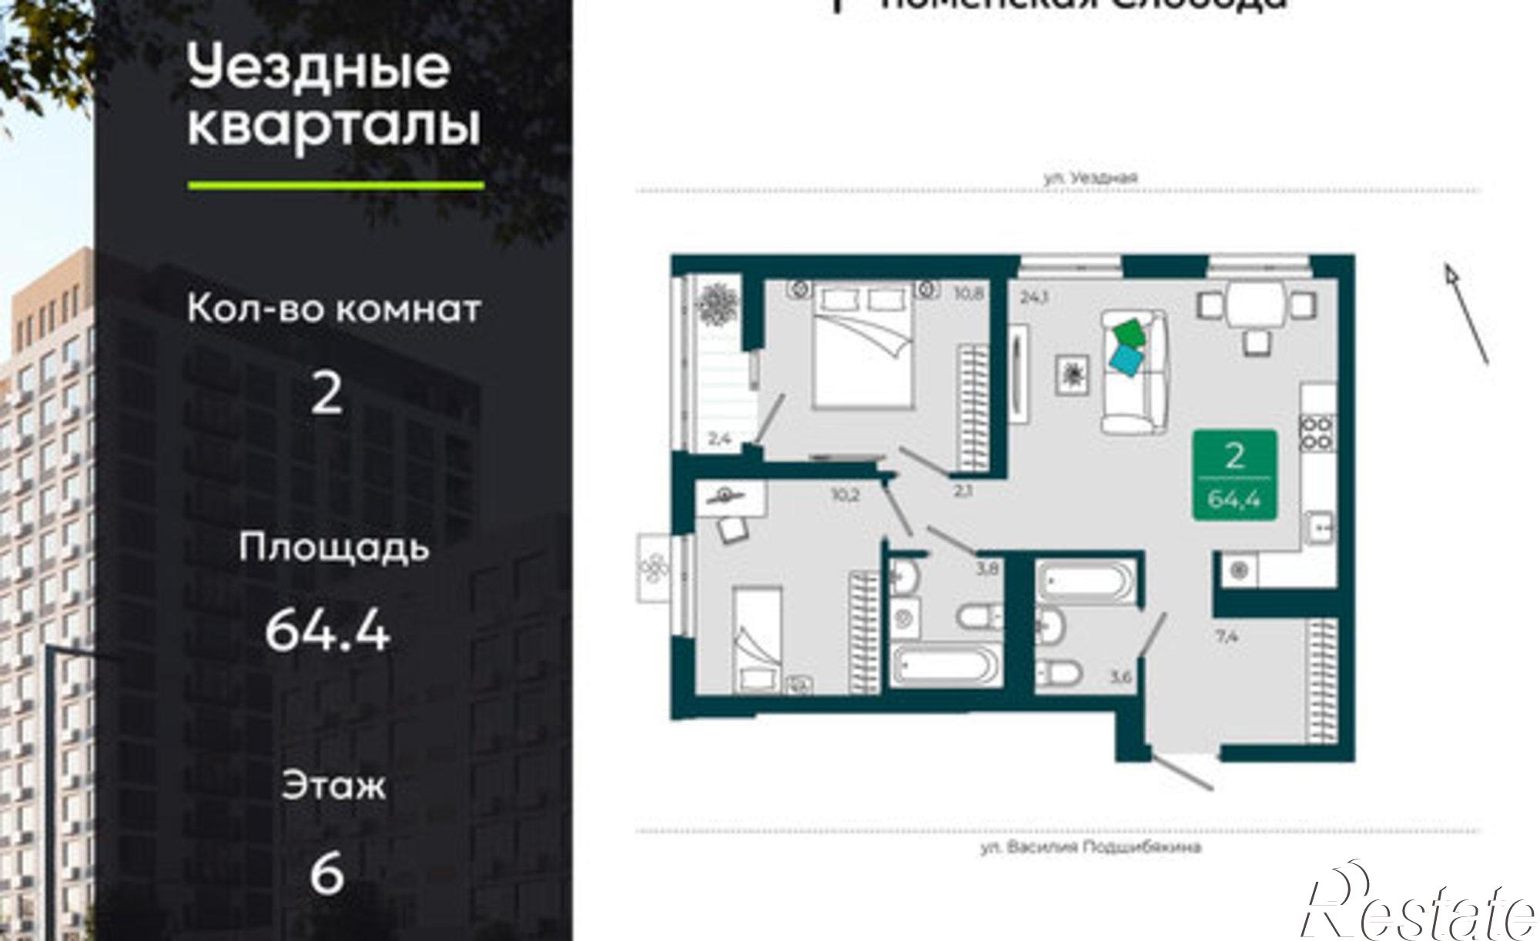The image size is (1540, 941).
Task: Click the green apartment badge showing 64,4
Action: tap(1234, 475)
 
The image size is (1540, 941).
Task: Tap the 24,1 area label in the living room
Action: tap(1035, 296)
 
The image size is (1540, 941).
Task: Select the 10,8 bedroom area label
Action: tap(967, 292)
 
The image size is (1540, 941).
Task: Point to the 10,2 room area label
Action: tap(845, 496)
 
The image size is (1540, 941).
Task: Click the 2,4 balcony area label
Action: tap(719, 439)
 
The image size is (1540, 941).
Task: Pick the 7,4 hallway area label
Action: tap(1227, 636)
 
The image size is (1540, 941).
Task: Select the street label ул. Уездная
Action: tap(1090, 178)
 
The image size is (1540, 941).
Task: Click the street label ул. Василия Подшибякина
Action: tap(1090, 848)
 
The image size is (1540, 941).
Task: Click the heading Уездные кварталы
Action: tap(333, 96)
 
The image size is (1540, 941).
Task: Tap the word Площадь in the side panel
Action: tap(333, 548)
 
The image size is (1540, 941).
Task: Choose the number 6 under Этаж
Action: tap(326, 875)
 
